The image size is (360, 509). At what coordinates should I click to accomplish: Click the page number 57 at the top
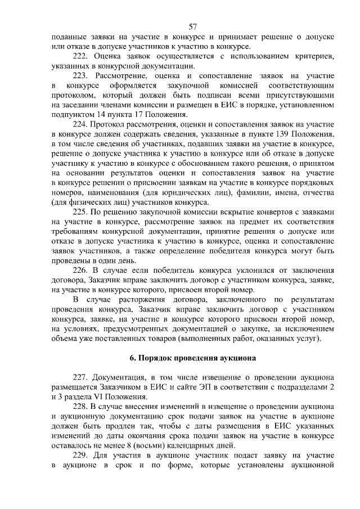pyautogui.click(x=192, y=26)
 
